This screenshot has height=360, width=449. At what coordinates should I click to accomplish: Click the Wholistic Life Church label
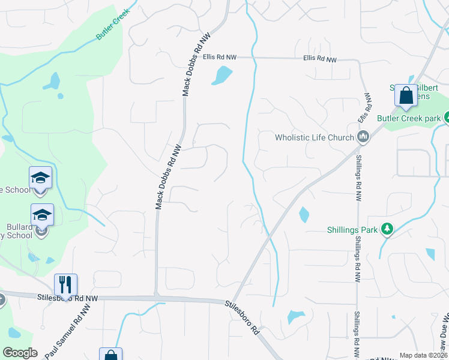tap(315, 137)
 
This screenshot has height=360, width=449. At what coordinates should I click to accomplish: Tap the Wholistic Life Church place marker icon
tap(363, 138)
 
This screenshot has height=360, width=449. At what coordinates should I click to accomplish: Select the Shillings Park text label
tap(352, 229)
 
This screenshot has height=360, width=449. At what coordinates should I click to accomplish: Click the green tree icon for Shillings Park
tap(388, 229)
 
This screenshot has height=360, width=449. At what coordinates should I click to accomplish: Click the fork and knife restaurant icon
tap(66, 284)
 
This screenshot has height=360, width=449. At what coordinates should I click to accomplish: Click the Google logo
tap(20, 353)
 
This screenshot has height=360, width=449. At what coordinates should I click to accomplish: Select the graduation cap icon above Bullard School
tap(41, 178)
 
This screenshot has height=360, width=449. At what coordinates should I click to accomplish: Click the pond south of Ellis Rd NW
tap(221, 76)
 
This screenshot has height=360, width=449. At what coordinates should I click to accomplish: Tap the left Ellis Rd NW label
tap(220, 57)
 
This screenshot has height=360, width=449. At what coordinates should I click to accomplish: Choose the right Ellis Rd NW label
tap(320, 59)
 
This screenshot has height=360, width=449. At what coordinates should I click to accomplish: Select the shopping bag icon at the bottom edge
tap(110, 355)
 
